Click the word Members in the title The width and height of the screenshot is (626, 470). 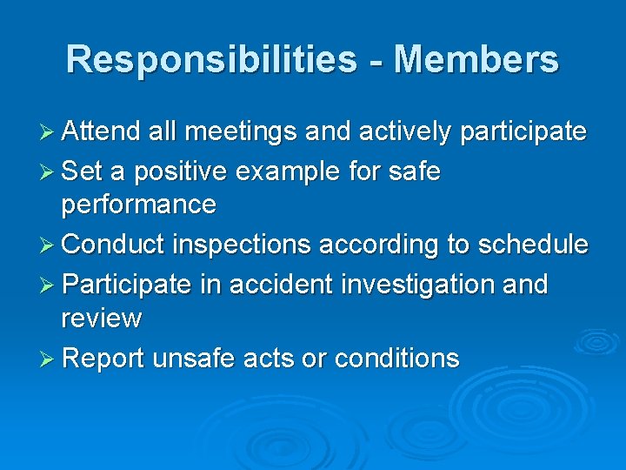[x=476, y=59]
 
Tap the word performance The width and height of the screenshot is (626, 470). [x=138, y=205]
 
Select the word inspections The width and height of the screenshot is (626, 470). [x=241, y=245]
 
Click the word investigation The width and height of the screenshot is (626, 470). [x=423, y=285]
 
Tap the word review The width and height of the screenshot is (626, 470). [x=101, y=319]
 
